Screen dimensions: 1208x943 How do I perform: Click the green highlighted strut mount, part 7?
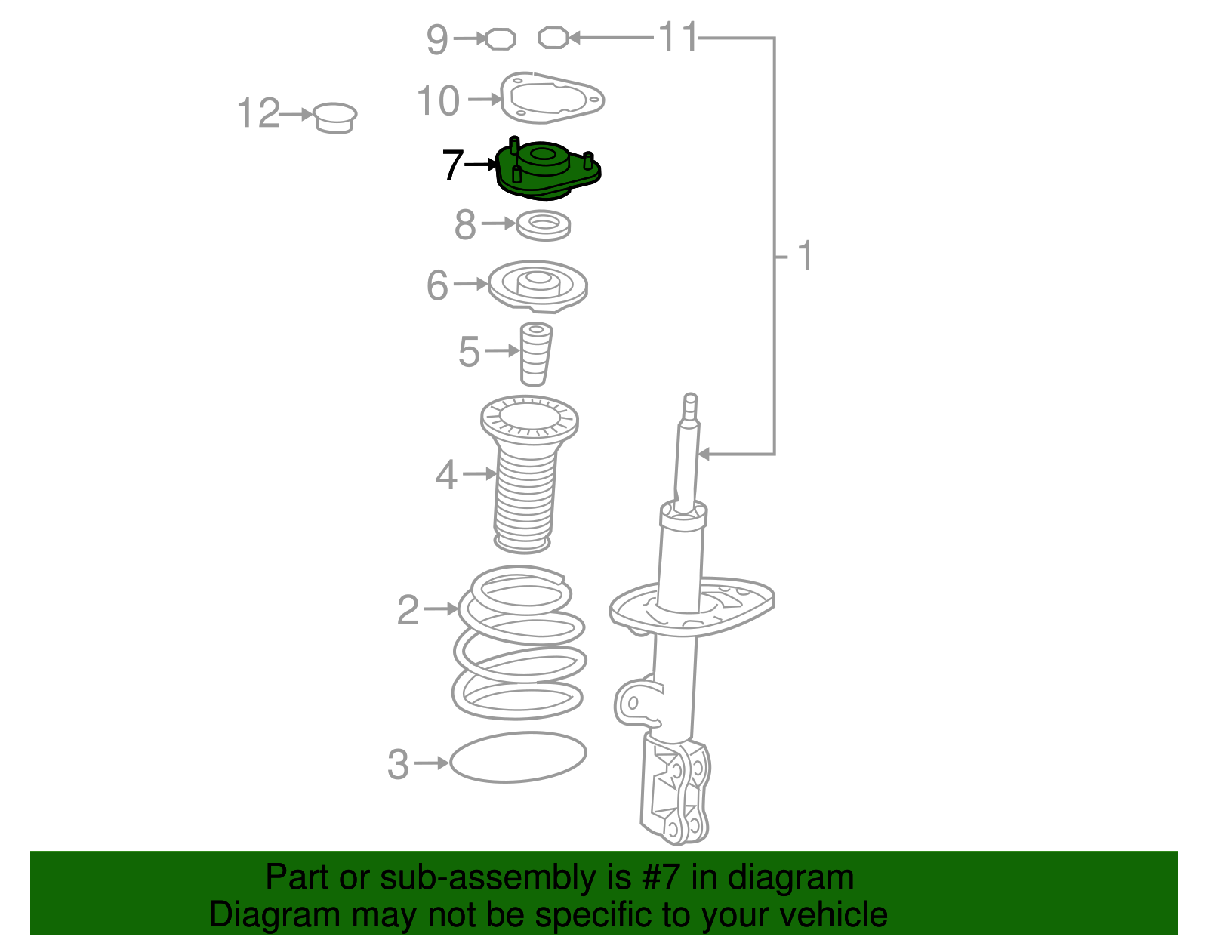(x=547, y=169)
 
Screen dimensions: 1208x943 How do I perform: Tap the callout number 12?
(x=258, y=112)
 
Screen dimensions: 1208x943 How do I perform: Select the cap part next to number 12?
(x=334, y=119)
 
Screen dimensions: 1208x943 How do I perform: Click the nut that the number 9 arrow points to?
(x=501, y=39)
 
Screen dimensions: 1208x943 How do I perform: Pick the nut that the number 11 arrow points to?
(x=553, y=38)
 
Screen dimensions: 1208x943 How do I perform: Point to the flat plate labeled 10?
(x=552, y=98)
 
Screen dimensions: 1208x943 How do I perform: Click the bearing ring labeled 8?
(x=544, y=225)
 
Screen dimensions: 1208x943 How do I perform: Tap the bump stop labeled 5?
(x=536, y=354)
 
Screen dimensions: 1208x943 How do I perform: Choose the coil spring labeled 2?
(x=519, y=642)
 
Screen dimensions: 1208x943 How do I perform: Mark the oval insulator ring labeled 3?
(x=518, y=757)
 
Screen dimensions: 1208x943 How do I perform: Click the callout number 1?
(x=805, y=256)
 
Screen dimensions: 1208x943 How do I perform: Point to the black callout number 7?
(x=452, y=165)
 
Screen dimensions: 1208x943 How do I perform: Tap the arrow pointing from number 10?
(x=485, y=100)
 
